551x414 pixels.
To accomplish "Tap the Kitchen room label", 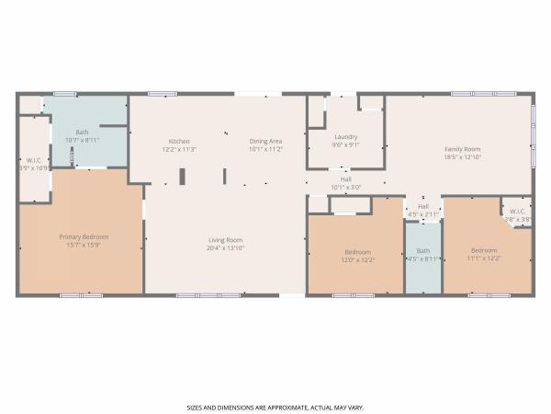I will [x=179, y=141].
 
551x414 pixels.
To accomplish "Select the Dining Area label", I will [x=265, y=141].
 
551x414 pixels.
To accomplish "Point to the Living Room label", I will [x=224, y=241].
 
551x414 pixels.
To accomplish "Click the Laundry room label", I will [x=345, y=137].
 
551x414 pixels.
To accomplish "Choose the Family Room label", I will [x=463, y=148].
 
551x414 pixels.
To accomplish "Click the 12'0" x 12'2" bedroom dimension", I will [x=358, y=259].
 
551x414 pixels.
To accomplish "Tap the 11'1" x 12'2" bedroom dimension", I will [x=484, y=258].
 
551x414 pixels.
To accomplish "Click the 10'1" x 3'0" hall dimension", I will [x=346, y=187].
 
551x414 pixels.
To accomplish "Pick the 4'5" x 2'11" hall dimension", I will [x=422, y=213].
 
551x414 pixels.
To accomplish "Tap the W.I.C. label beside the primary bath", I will [x=32, y=161].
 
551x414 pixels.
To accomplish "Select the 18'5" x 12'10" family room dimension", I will [x=463, y=156].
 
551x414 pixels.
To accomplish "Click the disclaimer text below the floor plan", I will [x=275, y=406].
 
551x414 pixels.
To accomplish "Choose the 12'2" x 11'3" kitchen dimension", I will [x=179, y=149].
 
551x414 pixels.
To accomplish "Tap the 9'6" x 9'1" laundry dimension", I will [x=345, y=144].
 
